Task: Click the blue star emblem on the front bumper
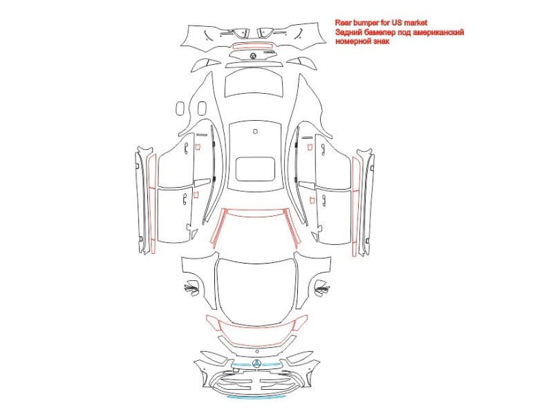(x=256, y=364)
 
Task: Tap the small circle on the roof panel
(x=255, y=131)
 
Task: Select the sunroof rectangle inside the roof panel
(x=255, y=169)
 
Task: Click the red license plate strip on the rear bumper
(x=253, y=46)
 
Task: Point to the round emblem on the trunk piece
(x=253, y=56)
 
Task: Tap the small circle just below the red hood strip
(x=257, y=351)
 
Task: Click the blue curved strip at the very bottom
(x=256, y=397)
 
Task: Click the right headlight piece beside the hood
(x=321, y=287)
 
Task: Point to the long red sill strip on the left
(x=152, y=204)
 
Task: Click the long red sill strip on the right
(x=356, y=207)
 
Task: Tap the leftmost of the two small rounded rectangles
(x=180, y=108)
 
